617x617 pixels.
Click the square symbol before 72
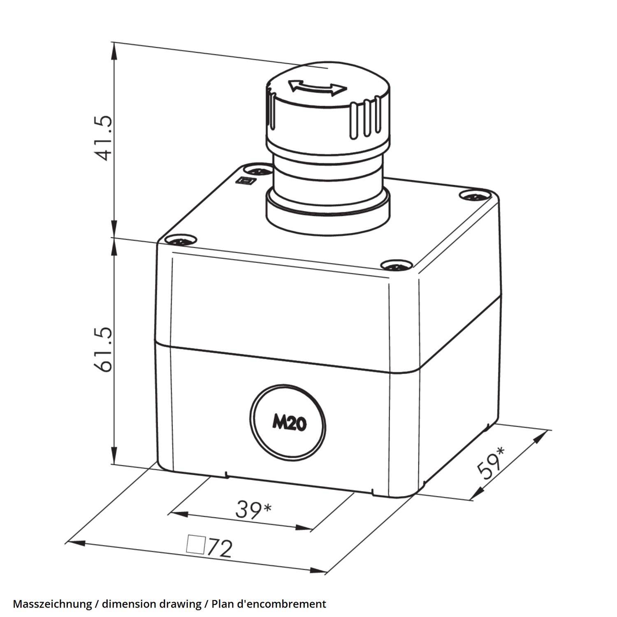[x=195, y=544]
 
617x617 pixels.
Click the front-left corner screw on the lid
[x=180, y=240]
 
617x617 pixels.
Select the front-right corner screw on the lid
[x=396, y=265]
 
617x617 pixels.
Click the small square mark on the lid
[x=246, y=181]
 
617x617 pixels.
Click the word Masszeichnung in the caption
[x=52, y=604]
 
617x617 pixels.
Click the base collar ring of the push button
[x=327, y=210]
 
